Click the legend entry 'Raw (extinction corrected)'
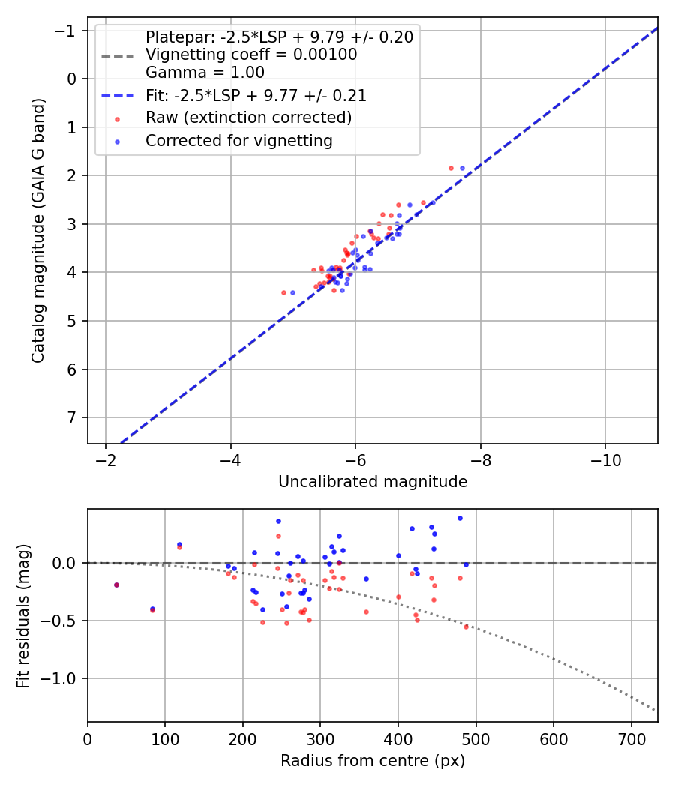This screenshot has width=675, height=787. [x=248, y=118]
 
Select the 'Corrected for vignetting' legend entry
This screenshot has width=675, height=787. [x=239, y=140]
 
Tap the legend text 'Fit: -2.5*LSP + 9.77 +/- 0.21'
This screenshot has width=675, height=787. [x=256, y=96]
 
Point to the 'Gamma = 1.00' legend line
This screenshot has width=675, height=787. [x=205, y=73]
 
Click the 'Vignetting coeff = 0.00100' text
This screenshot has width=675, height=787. [x=251, y=55]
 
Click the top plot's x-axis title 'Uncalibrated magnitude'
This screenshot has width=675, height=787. [x=373, y=482]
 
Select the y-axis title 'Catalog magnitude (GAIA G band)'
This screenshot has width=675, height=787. [x=38, y=229]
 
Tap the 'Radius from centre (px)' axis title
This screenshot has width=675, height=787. [x=373, y=761]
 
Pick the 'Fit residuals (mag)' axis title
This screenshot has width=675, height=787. [x=23, y=615]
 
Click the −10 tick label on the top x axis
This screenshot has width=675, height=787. [x=604, y=460]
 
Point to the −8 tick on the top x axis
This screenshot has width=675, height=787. [x=480, y=460]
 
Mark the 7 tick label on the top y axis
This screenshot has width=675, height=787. [x=72, y=417]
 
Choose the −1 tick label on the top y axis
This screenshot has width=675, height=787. [x=67, y=31]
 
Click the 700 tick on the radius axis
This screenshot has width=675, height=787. [x=631, y=738]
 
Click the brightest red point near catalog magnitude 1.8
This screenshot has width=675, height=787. [x=451, y=169]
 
